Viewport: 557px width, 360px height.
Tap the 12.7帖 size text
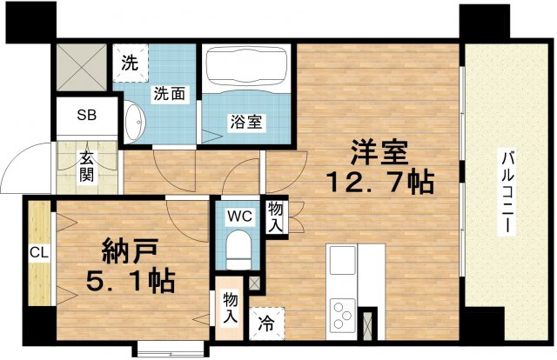(x=379, y=183)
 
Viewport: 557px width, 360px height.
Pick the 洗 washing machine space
(x=130, y=63)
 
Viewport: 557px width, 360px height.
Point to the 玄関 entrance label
(x=88, y=165)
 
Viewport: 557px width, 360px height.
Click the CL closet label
(x=37, y=253)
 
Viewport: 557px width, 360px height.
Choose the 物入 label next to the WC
(x=275, y=217)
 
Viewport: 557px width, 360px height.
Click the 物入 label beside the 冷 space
(x=228, y=306)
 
